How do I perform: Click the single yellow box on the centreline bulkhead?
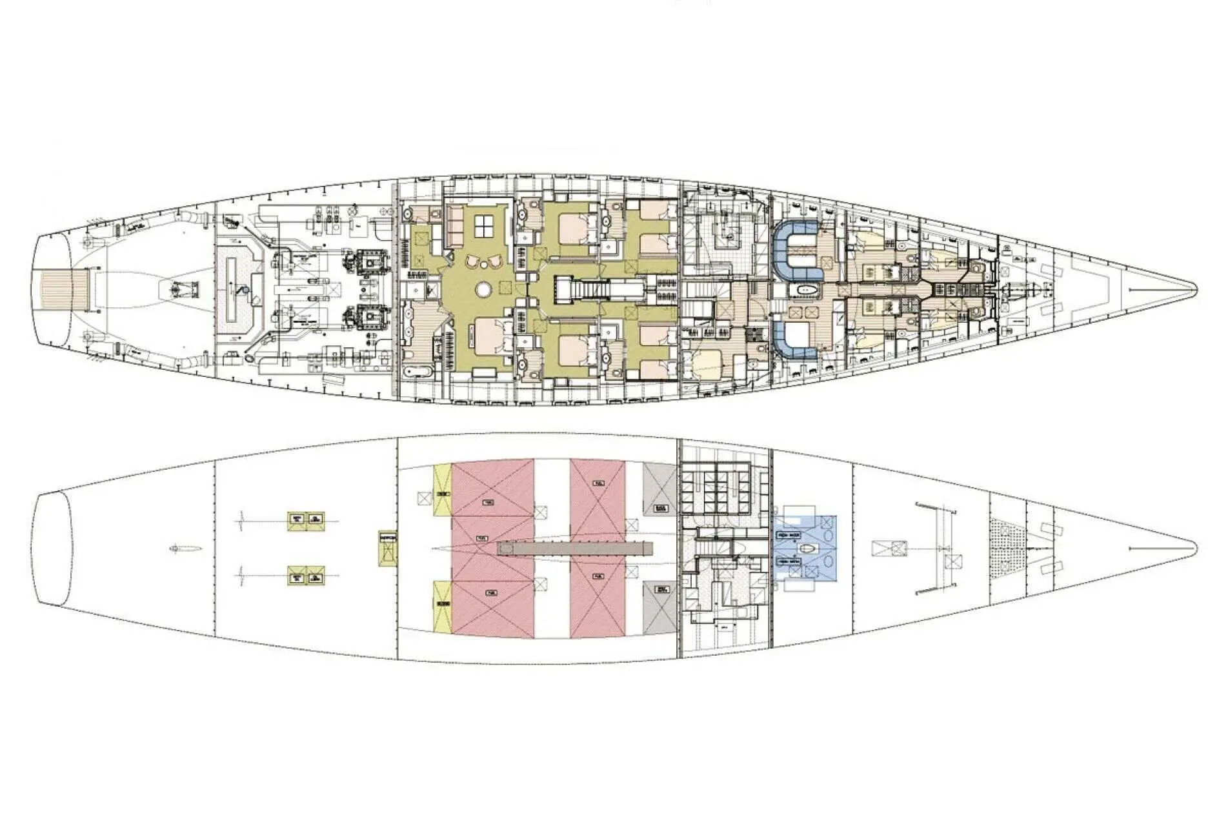point(387,549)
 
